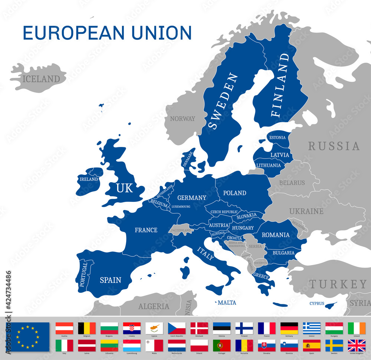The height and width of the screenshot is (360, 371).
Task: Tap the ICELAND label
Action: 41,79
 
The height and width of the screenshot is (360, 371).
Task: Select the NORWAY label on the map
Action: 183,119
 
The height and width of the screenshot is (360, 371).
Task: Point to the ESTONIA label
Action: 278,138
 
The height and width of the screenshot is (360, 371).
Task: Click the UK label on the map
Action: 124,188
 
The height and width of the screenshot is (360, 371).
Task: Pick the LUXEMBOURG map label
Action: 181,206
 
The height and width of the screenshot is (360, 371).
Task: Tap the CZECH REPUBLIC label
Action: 224,212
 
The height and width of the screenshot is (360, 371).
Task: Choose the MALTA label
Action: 227,302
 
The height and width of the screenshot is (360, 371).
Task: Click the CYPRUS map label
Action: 317,303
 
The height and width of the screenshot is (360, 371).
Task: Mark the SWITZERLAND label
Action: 181,230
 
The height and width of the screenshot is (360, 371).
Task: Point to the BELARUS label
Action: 292,183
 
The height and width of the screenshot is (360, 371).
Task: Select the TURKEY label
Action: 338,284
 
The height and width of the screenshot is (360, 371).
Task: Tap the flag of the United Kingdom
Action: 357,346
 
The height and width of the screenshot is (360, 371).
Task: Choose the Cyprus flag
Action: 154,328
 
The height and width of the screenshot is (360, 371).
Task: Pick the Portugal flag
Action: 222,346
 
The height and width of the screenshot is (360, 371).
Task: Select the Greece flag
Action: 312,328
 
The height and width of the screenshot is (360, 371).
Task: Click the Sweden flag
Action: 334,346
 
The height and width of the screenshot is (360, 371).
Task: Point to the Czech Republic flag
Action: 177,328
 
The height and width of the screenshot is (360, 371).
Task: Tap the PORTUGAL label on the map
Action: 84,274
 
